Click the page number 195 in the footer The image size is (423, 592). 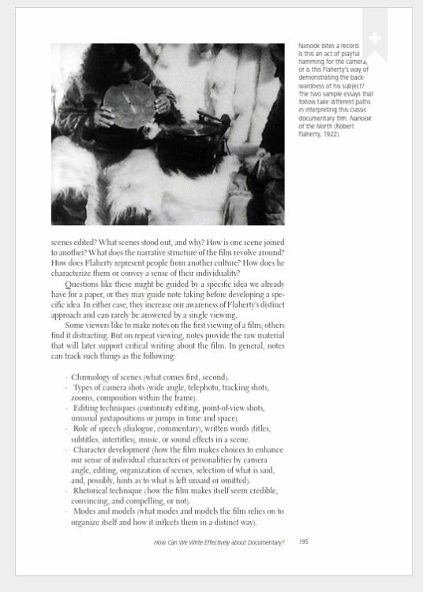[x=304, y=542]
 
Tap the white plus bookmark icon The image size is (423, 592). [x=375, y=38]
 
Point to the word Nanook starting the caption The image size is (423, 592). [x=309, y=47]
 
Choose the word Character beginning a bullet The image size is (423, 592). [x=95, y=449]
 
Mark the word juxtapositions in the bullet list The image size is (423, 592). [x=115, y=418]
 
